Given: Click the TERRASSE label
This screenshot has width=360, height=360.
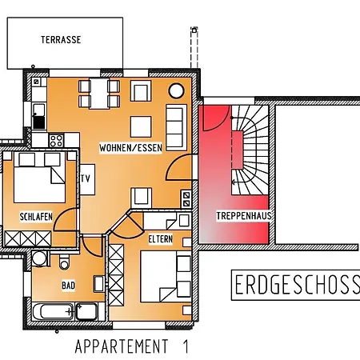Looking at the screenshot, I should coord(61,39).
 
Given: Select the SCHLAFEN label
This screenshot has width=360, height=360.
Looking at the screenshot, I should coord(37,216).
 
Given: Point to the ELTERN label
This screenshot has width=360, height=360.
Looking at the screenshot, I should coord(160,238).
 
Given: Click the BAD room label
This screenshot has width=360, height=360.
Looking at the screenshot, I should coord(69,284).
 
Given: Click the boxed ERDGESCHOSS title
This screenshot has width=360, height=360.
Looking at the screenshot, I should coord(296,284).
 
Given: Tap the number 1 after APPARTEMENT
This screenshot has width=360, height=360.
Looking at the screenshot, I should coord(185,346).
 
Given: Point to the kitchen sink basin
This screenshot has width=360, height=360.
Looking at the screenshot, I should coord(38,122).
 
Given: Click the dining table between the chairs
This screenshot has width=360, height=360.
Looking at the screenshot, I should coord(100,98).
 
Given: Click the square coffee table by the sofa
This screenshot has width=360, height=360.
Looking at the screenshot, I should coord(141,126).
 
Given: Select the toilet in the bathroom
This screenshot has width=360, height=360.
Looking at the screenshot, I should coord(65,263).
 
